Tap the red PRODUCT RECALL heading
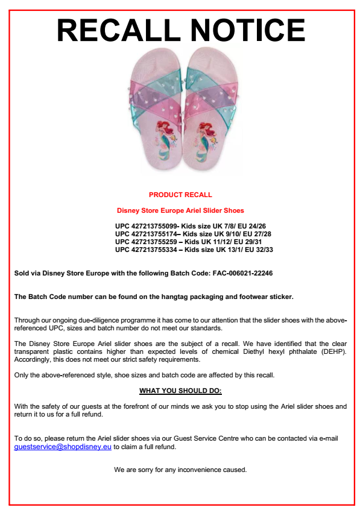point(180,195)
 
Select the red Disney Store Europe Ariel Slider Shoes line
point(180,210)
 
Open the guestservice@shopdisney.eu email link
point(63,447)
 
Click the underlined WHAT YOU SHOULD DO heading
point(180,391)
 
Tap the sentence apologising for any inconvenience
point(180,470)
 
